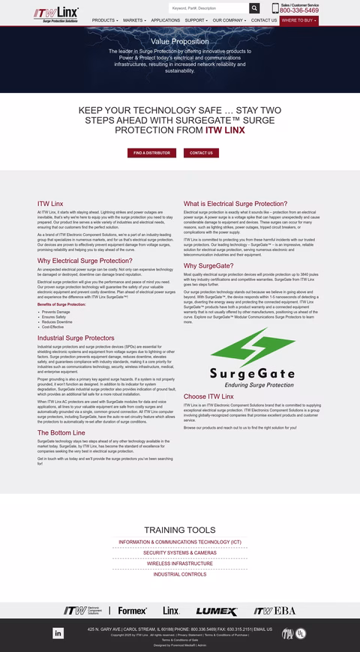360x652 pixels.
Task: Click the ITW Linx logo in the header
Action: point(57,13)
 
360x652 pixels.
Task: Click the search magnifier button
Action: point(254,7)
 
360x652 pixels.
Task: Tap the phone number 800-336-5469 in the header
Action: point(299,11)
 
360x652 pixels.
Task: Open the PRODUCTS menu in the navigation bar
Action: point(105,20)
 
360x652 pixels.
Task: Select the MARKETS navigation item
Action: point(134,20)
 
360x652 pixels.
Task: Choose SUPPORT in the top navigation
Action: point(196,20)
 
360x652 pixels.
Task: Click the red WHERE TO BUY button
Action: point(299,20)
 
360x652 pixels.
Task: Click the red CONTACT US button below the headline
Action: point(201,153)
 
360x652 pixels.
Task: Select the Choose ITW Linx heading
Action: point(208,396)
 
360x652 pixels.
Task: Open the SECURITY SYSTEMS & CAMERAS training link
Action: point(180,552)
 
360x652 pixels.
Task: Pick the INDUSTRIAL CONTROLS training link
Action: point(180,574)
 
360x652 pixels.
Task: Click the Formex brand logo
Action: point(132,610)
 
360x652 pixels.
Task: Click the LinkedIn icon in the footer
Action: point(58,633)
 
